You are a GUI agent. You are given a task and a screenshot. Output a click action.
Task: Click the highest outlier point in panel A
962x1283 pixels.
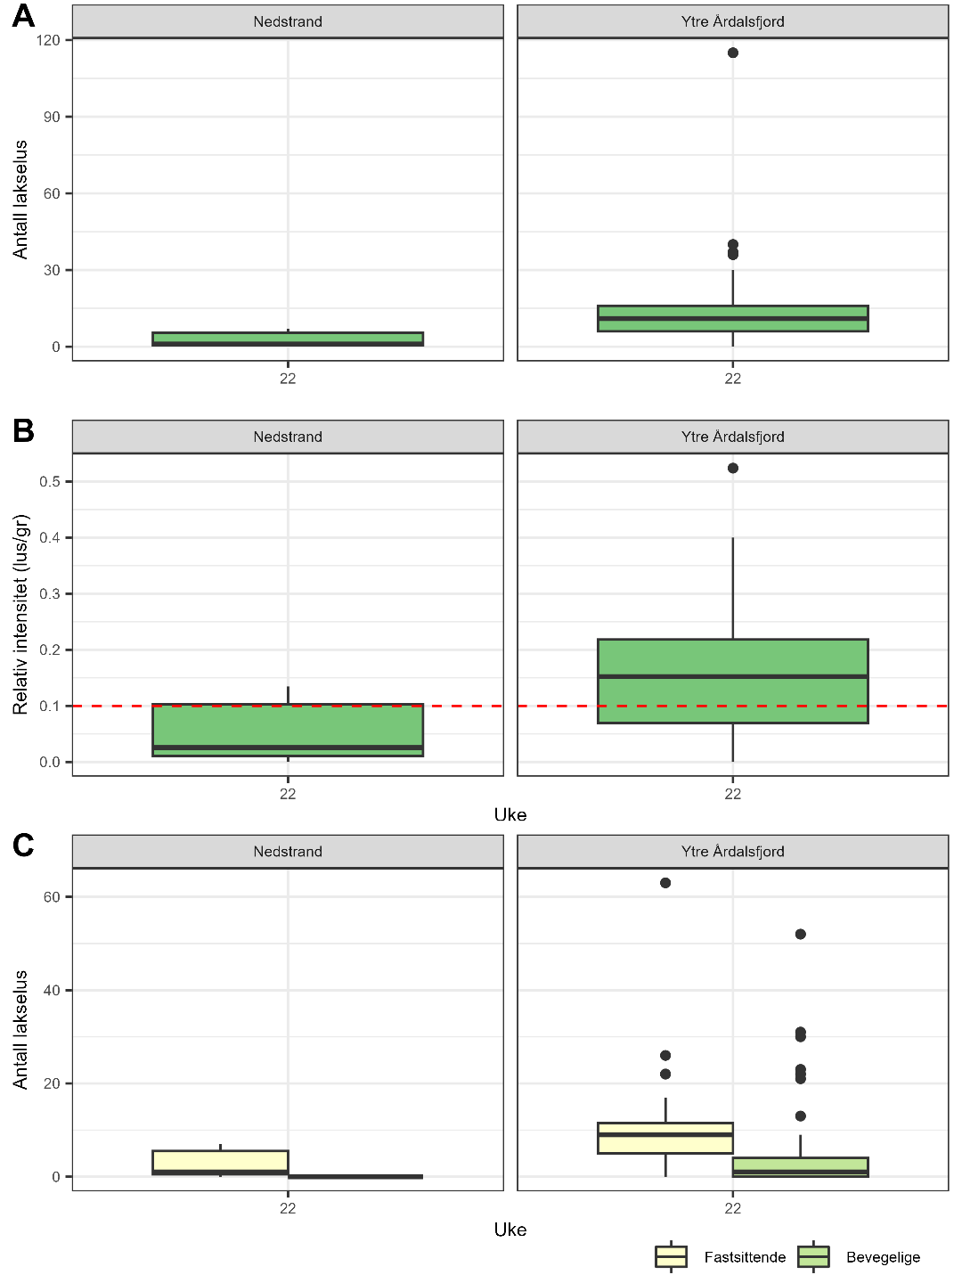click(x=733, y=53)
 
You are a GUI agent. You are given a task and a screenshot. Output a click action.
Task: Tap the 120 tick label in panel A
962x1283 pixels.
click(x=49, y=40)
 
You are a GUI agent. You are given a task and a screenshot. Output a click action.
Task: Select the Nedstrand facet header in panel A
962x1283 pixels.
click(x=288, y=21)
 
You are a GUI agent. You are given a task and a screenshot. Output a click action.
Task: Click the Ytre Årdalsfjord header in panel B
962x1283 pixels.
click(x=732, y=437)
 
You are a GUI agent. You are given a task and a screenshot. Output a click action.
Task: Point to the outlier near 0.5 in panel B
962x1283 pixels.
click(x=733, y=468)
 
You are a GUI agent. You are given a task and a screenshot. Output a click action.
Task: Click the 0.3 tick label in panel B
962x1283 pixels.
click(x=50, y=593)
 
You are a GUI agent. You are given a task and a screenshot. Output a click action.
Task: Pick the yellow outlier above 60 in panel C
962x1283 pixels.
click(x=665, y=883)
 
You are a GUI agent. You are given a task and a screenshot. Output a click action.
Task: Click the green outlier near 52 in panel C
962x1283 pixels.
click(x=800, y=934)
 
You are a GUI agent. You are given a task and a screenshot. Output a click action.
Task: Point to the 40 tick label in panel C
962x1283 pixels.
click(x=52, y=990)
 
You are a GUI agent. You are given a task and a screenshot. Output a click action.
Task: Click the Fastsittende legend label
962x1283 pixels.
click(x=745, y=1257)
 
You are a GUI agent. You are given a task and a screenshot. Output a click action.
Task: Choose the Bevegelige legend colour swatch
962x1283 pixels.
click(x=813, y=1256)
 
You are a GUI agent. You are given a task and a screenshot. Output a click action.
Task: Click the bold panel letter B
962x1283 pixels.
click(x=23, y=430)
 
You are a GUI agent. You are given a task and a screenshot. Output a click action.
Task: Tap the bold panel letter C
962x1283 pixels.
click(x=23, y=845)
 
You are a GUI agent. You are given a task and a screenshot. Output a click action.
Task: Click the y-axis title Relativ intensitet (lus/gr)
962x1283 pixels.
click(x=20, y=614)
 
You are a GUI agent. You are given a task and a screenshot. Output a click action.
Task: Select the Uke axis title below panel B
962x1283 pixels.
click(x=510, y=814)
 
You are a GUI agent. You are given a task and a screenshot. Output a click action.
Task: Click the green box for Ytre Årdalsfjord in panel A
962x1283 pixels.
click(x=732, y=318)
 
